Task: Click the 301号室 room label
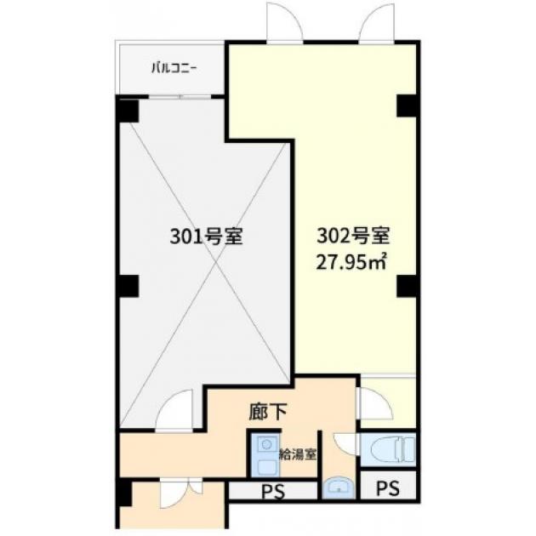tap(206, 236)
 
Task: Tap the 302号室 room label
tap(353, 236)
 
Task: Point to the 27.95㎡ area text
tap(351, 262)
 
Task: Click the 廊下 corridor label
tap(267, 412)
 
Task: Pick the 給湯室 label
tap(298, 454)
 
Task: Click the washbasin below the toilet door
tap(339, 488)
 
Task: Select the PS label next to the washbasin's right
tap(388, 488)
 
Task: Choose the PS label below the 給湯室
tap(273, 493)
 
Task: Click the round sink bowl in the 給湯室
tap(265, 445)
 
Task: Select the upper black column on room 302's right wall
tap(407, 106)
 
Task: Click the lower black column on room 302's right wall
tap(407, 286)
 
